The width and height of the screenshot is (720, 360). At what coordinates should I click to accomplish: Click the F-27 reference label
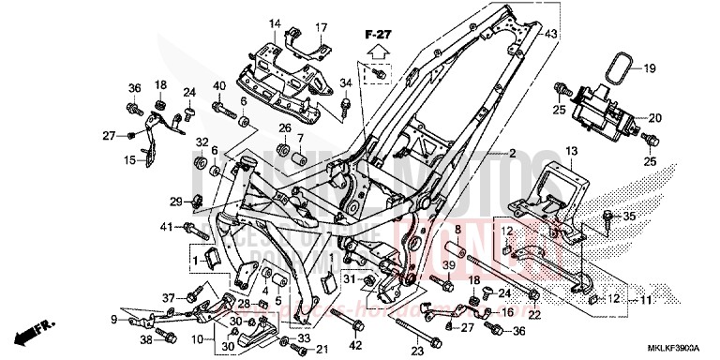(x=380, y=34)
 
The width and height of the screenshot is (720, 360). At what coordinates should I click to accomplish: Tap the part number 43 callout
(x=551, y=35)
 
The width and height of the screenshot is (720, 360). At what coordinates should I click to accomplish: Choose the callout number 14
(x=276, y=22)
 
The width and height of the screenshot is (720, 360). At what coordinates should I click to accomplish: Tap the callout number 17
(x=321, y=27)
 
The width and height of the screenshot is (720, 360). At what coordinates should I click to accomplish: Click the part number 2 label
(x=513, y=153)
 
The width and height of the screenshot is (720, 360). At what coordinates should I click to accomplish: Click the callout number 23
(x=417, y=352)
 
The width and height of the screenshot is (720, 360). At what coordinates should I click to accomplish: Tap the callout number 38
(x=146, y=338)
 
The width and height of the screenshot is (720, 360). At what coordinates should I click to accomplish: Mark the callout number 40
(x=218, y=88)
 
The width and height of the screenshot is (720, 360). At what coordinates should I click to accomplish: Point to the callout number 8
(x=457, y=229)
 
